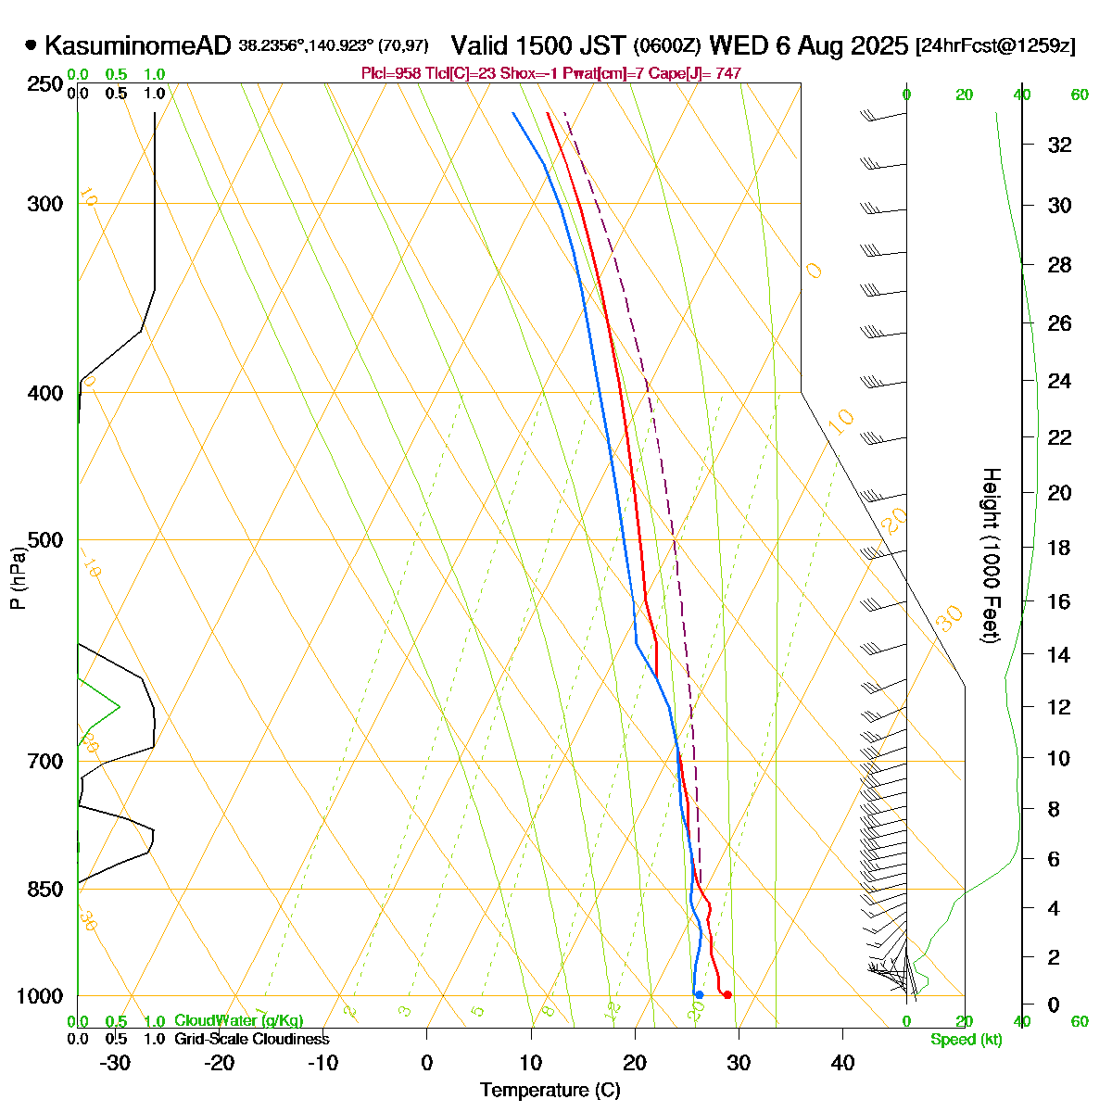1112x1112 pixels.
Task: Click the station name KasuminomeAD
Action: [137, 45]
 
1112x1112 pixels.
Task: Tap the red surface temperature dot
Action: [727, 995]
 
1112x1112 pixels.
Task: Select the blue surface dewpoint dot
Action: [699, 995]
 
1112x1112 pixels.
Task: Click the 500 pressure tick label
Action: [47, 540]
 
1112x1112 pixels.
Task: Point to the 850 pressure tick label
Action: [47, 890]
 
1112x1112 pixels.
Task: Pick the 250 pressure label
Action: [47, 85]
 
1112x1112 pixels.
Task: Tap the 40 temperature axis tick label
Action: [842, 1063]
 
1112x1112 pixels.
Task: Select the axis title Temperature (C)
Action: [550, 1091]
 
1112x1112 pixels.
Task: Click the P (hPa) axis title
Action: [18, 576]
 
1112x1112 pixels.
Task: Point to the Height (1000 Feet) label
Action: [991, 556]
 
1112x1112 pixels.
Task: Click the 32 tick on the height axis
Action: [1059, 145]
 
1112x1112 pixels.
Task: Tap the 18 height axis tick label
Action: [1059, 548]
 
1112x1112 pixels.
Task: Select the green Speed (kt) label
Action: [967, 1040]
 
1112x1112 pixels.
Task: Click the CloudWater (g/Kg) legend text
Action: [238, 1021]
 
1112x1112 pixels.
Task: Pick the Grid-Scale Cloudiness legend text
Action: [251, 1040]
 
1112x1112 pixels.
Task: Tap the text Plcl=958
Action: [390, 73]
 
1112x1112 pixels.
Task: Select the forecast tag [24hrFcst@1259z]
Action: [995, 45]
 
